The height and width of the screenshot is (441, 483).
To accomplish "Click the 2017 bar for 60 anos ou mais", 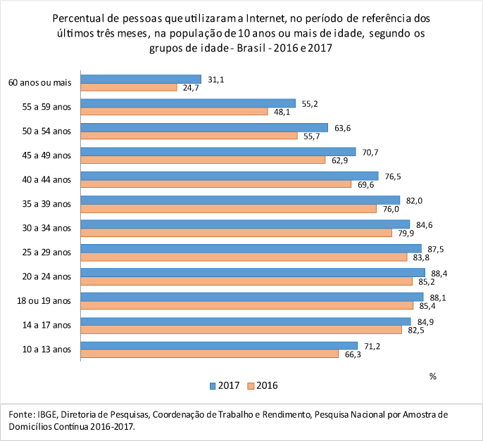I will tap(142, 79).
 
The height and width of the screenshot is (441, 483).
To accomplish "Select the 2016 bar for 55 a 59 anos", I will tap(175, 111).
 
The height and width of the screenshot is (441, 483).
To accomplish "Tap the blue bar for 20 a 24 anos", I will tap(253, 272).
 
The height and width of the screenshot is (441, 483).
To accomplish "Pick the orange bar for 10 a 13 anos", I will tap(210, 354).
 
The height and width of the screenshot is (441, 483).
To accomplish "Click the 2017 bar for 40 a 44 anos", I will tap(230, 176).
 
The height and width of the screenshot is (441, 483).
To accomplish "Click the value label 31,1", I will tap(217, 79).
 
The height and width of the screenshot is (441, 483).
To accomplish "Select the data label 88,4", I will tap(440, 272).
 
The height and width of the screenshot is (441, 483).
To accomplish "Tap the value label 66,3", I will tap(353, 354).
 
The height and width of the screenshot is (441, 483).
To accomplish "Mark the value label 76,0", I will tap(391, 209).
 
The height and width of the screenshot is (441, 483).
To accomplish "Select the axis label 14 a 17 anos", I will tap(47, 325).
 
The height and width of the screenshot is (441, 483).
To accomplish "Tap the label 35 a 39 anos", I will tap(47, 204).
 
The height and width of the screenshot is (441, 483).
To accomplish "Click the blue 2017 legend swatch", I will tap(212, 385).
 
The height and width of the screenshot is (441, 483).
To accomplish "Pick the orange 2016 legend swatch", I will tap(251, 385).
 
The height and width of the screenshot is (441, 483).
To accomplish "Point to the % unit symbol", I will tap(433, 376).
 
